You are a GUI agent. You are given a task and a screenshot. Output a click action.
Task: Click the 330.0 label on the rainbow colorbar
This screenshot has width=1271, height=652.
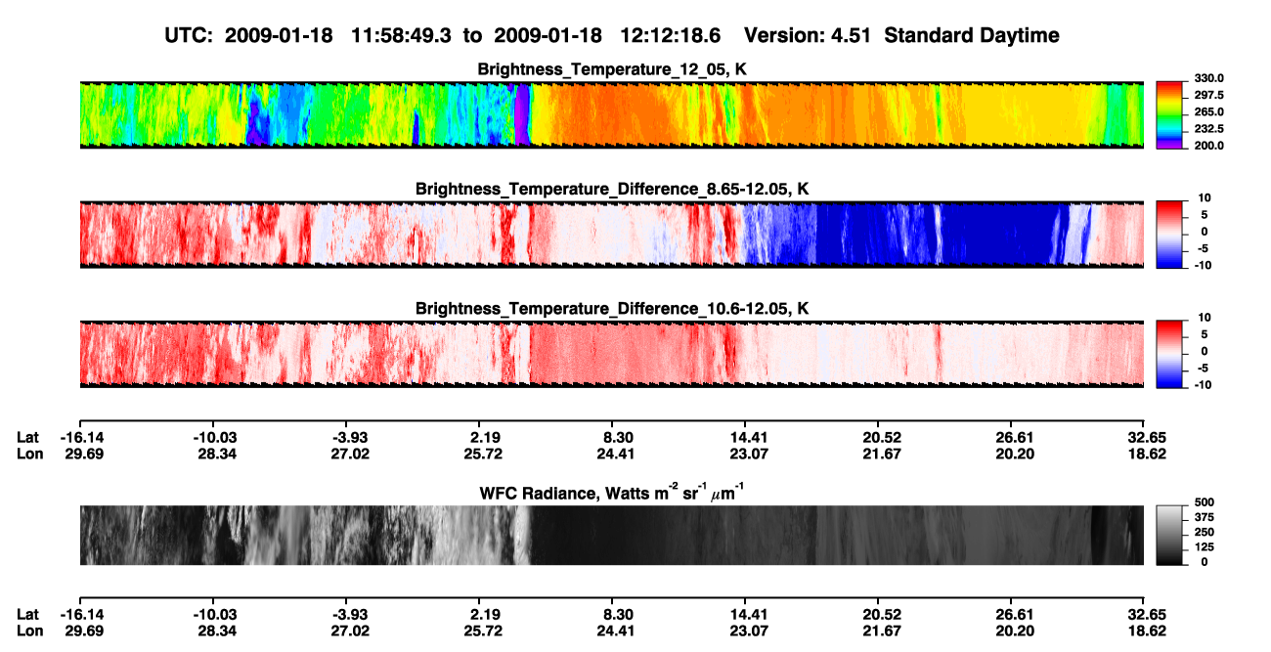[x=1208, y=78]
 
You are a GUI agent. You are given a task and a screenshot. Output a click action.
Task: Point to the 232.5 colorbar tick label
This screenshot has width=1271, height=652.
[x=1208, y=129]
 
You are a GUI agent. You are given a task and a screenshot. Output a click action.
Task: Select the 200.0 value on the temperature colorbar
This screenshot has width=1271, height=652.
[x=1208, y=146]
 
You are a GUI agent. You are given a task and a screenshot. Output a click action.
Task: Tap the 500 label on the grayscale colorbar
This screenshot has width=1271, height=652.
[x=1205, y=502]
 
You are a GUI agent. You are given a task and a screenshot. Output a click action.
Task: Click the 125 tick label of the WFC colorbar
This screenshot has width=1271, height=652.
[x=1205, y=547]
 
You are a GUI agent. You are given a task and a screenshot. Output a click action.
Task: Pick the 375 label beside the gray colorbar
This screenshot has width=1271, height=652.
[x=1205, y=517]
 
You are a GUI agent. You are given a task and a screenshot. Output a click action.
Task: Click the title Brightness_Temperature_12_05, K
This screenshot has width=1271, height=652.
[x=612, y=69]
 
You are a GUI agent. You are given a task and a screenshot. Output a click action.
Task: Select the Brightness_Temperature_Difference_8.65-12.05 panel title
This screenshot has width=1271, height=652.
[x=612, y=189]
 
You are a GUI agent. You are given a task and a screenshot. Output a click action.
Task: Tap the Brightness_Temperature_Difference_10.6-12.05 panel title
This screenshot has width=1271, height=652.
[x=612, y=309]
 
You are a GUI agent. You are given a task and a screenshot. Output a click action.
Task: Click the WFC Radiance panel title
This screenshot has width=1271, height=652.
[x=612, y=492]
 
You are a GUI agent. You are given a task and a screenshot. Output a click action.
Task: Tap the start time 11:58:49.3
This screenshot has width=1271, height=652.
[x=401, y=36]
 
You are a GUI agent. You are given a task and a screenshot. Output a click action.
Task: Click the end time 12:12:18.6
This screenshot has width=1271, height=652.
[x=670, y=36]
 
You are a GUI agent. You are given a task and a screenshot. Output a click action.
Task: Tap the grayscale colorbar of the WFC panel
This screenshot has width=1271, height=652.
[x=1169, y=535]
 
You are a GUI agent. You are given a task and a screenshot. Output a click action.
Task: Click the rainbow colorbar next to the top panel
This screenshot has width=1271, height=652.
[x=1169, y=115]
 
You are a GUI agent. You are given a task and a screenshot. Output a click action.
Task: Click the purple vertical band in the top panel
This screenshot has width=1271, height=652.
[x=522, y=114]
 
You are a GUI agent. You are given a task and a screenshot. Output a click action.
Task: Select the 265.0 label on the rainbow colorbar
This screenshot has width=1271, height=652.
[x=1208, y=111]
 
